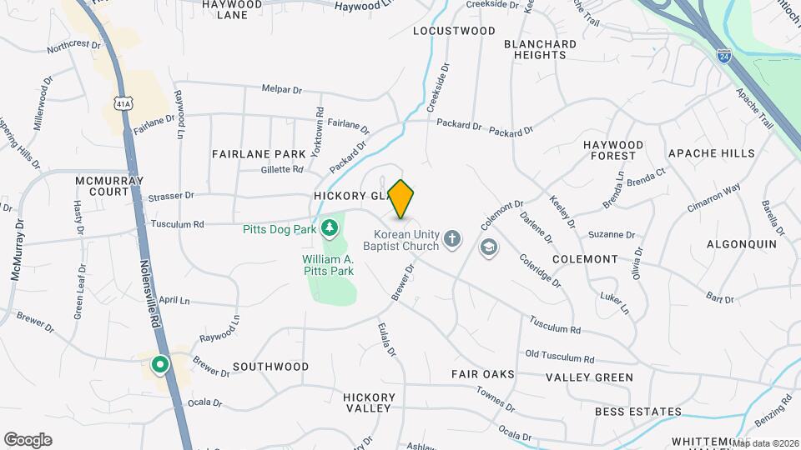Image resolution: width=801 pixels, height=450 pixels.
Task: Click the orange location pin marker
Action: (x=401, y=198)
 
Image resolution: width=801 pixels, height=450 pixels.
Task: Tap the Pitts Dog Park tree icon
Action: (x=330, y=227)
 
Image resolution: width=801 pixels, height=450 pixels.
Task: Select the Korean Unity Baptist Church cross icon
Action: (x=452, y=240)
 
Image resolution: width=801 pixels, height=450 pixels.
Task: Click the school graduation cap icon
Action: (x=487, y=247)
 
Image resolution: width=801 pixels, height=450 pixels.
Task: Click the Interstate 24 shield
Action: (x=724, y=56)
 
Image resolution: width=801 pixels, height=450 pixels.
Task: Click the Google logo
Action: (x=28, y=440)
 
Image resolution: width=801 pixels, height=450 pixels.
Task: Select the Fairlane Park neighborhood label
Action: (x=259, y=154)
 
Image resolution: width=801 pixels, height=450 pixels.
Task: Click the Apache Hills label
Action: (x=711, y=153)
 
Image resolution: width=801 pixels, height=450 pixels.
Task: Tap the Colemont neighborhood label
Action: (x=584, y=259)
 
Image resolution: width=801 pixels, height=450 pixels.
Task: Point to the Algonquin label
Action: (x=741, y=244)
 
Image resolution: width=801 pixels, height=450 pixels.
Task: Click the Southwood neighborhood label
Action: (x=270, y=367)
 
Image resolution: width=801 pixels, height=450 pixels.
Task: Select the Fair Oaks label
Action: (x=483, y=374)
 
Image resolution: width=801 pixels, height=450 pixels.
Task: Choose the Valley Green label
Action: (x=590, y=377)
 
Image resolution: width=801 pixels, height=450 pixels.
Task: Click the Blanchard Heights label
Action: (x=540, y=49)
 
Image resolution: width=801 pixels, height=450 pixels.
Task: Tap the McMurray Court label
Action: (x=109, y=186)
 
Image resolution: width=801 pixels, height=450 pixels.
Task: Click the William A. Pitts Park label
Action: (x=328, y=265)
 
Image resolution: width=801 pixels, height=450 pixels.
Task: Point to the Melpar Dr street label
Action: (x=281, y=87)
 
